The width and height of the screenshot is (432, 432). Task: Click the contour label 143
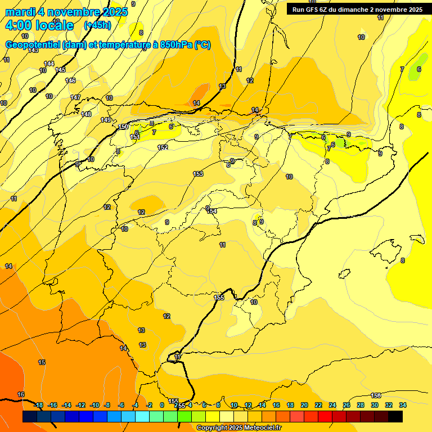(x=33, y=51)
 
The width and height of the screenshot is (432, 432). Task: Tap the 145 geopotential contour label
(x=60, y=70)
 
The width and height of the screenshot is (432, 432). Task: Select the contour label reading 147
(x=75, y=98)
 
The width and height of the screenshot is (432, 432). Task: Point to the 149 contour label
(x=106, y=120)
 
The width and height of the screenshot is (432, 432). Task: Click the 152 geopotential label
(x=163, y=147)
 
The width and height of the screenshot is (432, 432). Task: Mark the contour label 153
(x=198, y=174)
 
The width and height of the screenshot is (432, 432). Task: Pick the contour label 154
(x=212, y=211)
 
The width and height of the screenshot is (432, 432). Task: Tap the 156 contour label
(x=376, y=395)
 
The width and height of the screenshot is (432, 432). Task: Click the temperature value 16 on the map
(x=21, y=394)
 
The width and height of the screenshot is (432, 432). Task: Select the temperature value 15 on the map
(x=42, y=363)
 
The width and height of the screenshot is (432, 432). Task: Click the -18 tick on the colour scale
(x=38, y=405)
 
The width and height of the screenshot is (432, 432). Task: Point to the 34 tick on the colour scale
(x=403, y=405)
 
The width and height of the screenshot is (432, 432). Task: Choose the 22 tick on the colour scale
(x=318, y=405)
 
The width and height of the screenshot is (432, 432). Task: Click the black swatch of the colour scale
(x=395, y=416)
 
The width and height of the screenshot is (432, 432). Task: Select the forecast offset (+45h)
(x=97, y=25)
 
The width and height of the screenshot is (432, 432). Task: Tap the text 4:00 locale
(x=39, y=25)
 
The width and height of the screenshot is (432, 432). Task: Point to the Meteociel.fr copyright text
(x=238, y=428)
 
